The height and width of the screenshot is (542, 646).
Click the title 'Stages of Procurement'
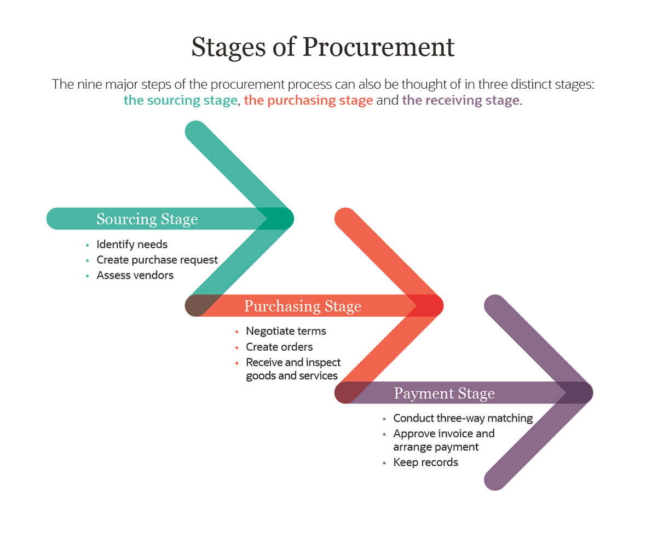pos(322,47)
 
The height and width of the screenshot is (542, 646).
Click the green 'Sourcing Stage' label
pos(147,219)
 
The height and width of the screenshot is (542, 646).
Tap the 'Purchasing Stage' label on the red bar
pos(302,306)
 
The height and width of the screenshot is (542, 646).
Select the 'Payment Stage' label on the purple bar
pos(444,393)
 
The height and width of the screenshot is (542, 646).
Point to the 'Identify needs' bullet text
pos(132,244)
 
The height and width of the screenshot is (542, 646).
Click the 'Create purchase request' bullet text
pos(157,260)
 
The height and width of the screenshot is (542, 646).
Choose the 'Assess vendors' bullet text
pos(135,275)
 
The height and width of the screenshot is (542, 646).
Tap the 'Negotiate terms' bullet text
pos(286,331)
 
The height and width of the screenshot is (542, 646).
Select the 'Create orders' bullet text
pos(279,347)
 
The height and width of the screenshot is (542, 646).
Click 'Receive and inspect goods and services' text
pos(292,369)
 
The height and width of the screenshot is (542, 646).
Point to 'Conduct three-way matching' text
pos(463,418)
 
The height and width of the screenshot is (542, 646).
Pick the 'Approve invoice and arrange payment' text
pos(443,440)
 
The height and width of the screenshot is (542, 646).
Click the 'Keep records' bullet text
pos(425,463)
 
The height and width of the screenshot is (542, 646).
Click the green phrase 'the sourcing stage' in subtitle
pos(181,100)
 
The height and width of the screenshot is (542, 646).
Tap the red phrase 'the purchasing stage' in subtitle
pos(308,100)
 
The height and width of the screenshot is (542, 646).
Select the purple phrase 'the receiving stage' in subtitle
pos(460,100)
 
